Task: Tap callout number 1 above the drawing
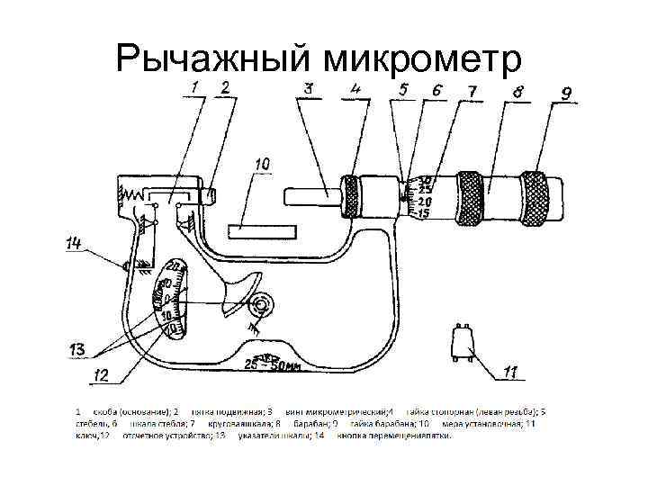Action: pos(195,87)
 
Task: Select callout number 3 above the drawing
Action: pos(308,88)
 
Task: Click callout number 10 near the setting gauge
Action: pos(262,165)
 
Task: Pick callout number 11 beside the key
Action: pos(511,372)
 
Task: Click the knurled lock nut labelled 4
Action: pos(351,197)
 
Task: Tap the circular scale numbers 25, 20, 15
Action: pos(424,196)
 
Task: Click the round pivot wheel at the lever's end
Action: pos(261,306)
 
